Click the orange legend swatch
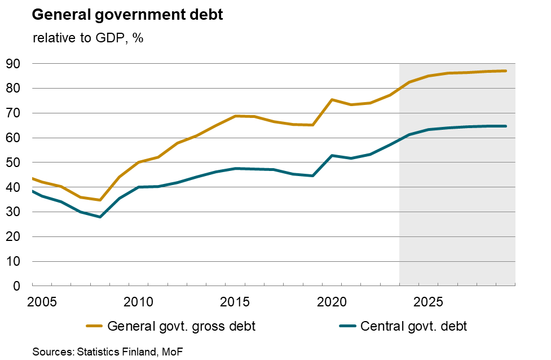tap(94, 326)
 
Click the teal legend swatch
tap(347, 326)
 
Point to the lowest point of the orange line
tap(99, 200)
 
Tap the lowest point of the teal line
tap(99, 217)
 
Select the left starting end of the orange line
tap(33, 178)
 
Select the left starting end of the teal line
tap(33, 191)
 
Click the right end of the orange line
tap(506, 71)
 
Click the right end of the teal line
tap(506, 126)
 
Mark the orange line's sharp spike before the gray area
tap(332, 99)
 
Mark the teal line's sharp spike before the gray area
tap(332, 155)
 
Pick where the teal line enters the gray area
tap(400, 139)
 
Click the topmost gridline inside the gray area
tap(457, 88)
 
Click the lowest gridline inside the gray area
tap(457, 261)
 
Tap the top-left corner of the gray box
tap(400, 64)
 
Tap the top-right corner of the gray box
tap(515, 64)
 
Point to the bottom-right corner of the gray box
tap(515, 285)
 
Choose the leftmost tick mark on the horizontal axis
tap(32, 284)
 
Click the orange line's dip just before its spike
tap(312, 125)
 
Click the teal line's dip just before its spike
tap(312, 175)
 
